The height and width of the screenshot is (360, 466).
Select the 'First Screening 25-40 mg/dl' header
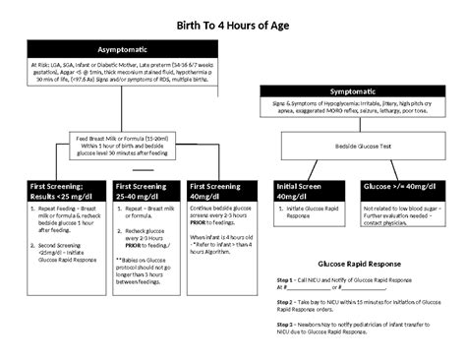coord(145,189)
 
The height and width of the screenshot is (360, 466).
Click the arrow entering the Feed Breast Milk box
coord(137,127)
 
